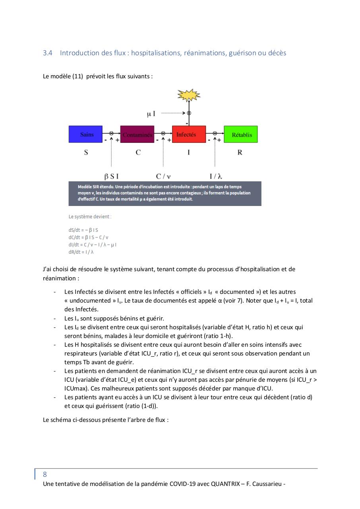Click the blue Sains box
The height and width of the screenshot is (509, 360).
pyautogui.click(x=86, y=134)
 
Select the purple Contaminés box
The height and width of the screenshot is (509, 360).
pyautogui.click(x=137, y=134)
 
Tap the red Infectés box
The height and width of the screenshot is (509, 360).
pyautogui.click(x=189, y=134)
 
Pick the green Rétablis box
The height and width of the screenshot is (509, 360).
pyautogui.click(x=241, y=134)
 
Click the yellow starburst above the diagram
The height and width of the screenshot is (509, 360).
pyautogui.click(x=189, y=95)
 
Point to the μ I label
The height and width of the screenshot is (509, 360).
pyautogui.click(x=151, y=114)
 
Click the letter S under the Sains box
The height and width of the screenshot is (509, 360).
pyautogui.click(x=86, y=152)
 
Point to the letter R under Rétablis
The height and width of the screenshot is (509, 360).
pyautogui.click(x=240, y=152)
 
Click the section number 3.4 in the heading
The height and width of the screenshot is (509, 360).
pyautogui.click(x=48, y=53)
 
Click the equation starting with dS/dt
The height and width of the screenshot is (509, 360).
pyautogui.click(x=83, y=230)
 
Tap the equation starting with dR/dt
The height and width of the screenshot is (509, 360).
pyautogui.click(x=81, y=252)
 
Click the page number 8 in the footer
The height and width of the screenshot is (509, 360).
pyautogui.click(x=45, y=474)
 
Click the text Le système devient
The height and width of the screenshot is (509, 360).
pyautogui.click(x=90, y=217)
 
